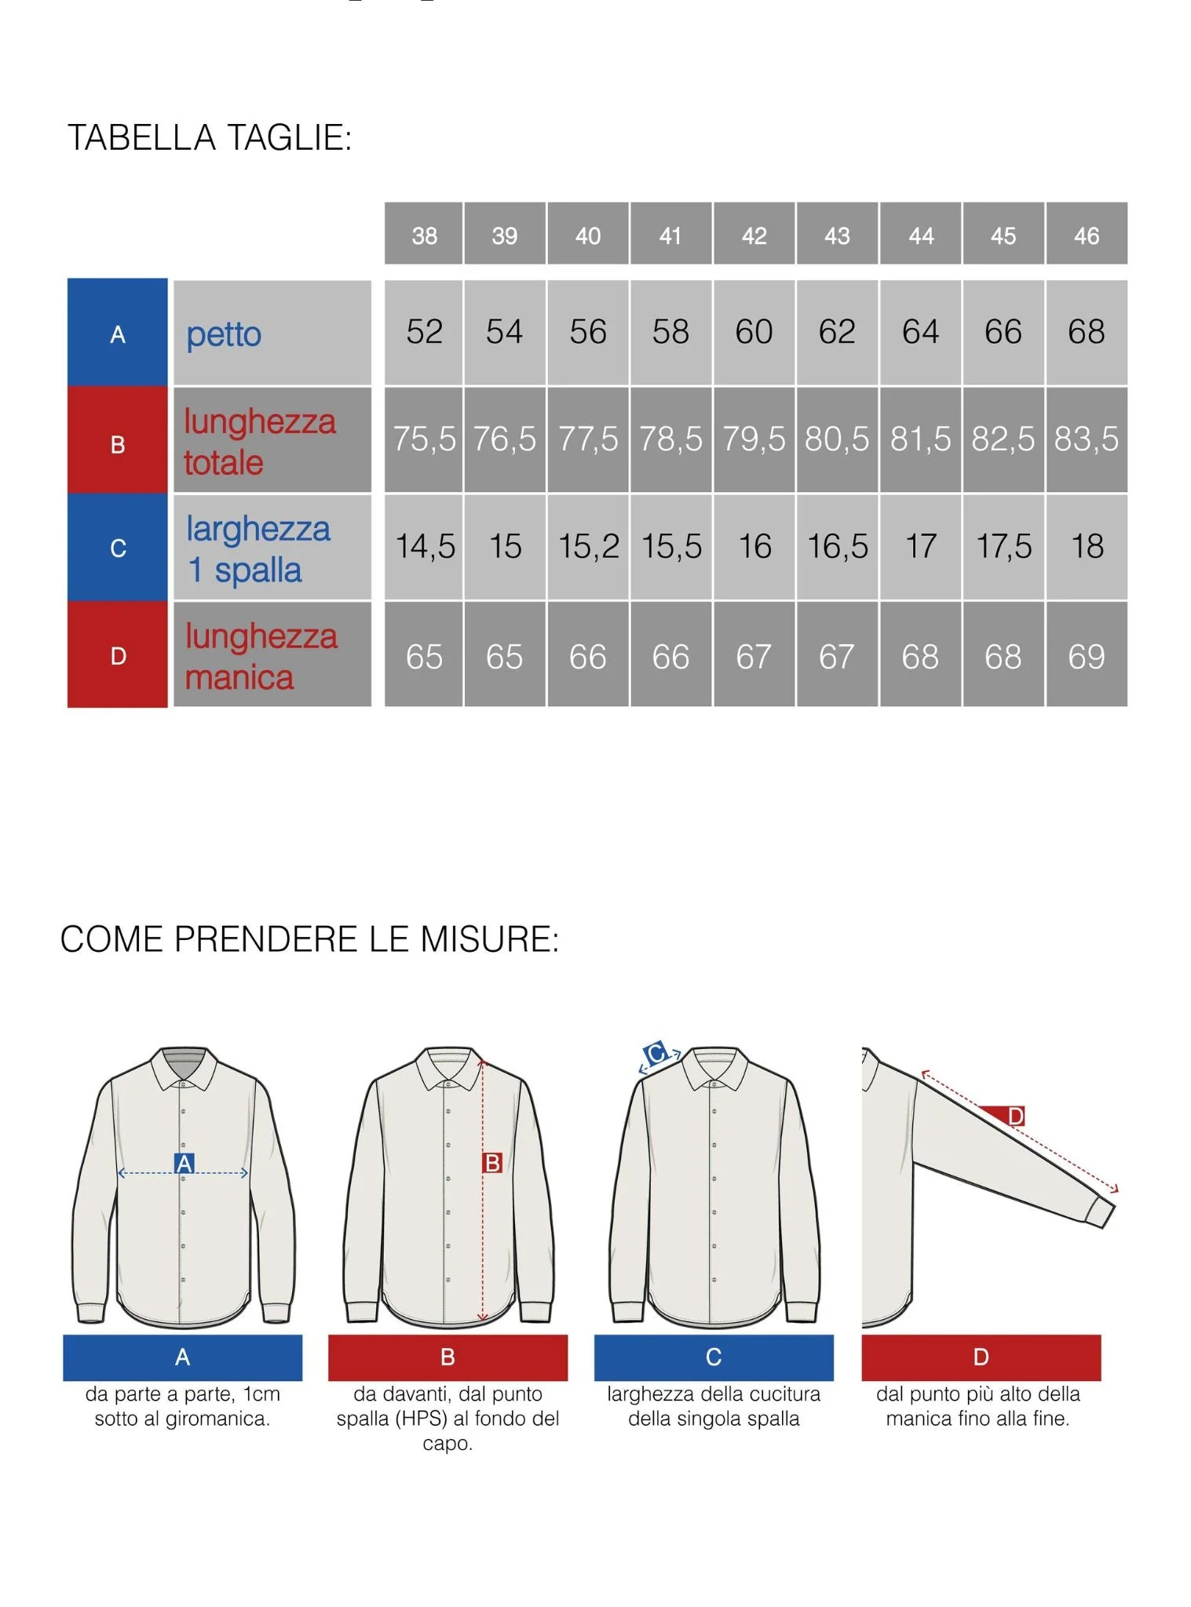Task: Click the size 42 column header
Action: click(x=753, y=234)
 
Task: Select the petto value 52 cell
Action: click(x=424, y=332)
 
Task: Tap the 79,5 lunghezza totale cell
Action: click(x=753, y=439)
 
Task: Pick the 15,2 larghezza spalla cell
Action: click(x=588, y=546)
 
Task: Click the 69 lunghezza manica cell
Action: click(x=1086, y=655)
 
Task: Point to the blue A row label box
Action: click(x=118, y=333)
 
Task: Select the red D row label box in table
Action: click(x=118, y=655)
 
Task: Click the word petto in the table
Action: click(x=224, y=334)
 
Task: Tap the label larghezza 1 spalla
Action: click(x=257, y=548)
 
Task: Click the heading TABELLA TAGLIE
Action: click(x=210, y=137)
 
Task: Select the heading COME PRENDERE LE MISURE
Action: click(x=309, y=939)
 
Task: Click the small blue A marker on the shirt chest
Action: click(x=184, y=1163)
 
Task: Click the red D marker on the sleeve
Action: click(x=1014, y=1115)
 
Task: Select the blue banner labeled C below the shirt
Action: click(x=713, y=1357)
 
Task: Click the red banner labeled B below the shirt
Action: click(x=448, y=1357)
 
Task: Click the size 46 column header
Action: click(x=1086, y=234)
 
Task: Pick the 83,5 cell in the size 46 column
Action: click(x=1086, y=439)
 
